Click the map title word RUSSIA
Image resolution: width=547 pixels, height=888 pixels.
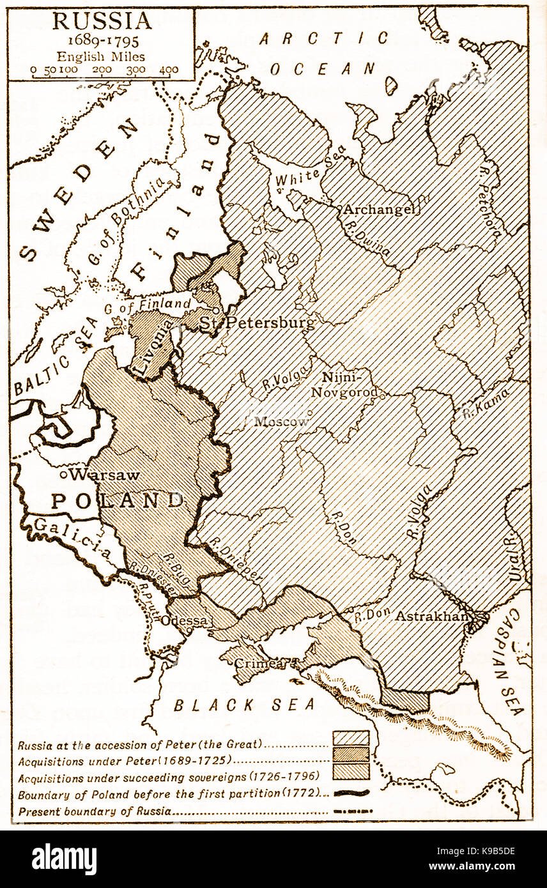pyautogui.click(x=102, y=21)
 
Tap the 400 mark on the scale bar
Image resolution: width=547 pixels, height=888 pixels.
pyautogui.click(x=169, y=70)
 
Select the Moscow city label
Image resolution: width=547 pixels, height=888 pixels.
pyautogui.click(x=281, y=422)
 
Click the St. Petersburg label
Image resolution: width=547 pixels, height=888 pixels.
pyautogui.click(x=257, y=323)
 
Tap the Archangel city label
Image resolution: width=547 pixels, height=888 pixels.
pyautogui.click(x=380, y=210)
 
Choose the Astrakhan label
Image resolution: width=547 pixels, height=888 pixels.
pyautogui.click(x=433, y=616)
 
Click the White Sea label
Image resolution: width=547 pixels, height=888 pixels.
pyautogui.click(x=310, y=169)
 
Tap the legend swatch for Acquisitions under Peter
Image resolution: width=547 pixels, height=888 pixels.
pyautogui.click(x=351, y=754)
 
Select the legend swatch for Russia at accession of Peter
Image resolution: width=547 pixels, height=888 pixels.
pyautogui.click(x=351, y=739)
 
